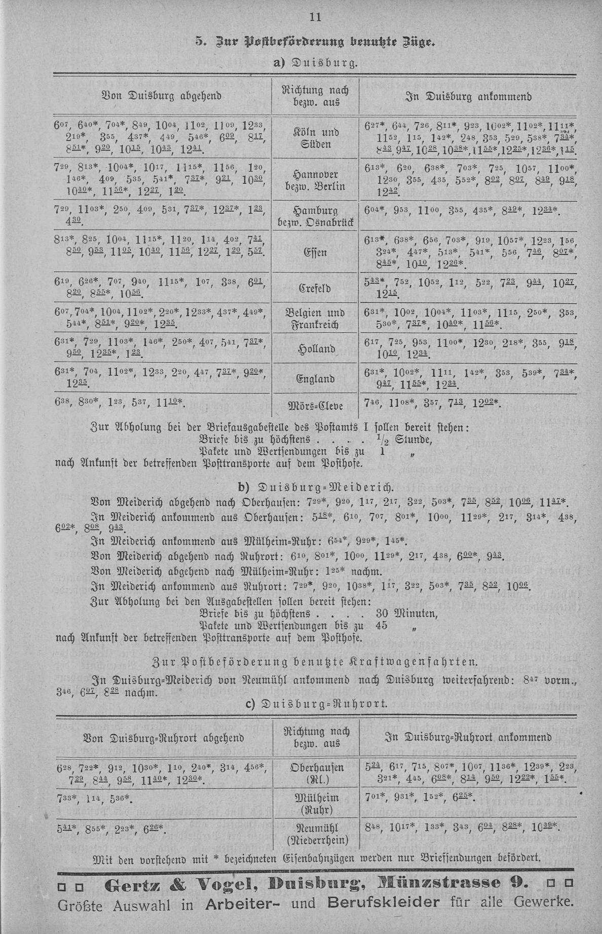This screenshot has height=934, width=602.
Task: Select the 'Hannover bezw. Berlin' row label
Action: (x=315, y=180)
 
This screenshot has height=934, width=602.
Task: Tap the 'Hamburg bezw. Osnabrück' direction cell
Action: (x=315, y=216)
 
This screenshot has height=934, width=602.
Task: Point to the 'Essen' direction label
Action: (x=315, y=252)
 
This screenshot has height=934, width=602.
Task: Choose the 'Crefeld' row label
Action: (x=315, y=289)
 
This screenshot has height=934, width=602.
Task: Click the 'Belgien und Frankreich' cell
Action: (x=315, y=319)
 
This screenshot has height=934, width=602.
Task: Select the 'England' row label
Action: (x=315, y=379)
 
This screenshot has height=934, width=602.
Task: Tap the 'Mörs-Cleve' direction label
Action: (x=315, y=405)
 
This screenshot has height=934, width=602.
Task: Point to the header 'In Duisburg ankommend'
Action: (x=468, y=96)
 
